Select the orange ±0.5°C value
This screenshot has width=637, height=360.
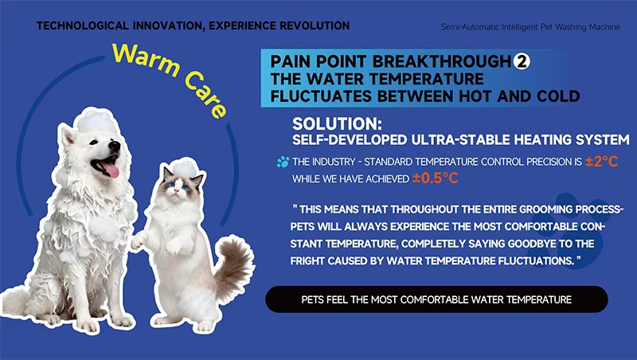pos(435,178)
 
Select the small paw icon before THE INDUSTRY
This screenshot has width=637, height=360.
pos(283,162)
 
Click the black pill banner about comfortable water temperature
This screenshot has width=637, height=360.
pos(436,300)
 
